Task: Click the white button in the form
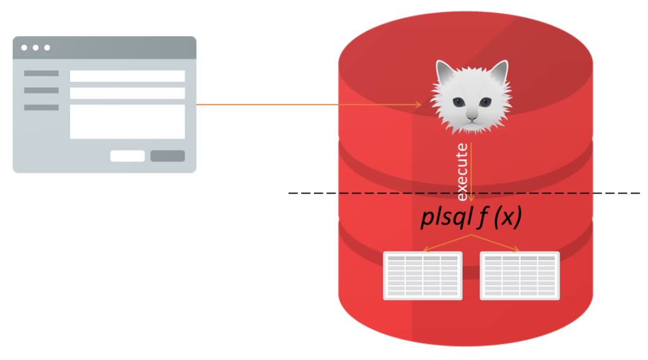tap(127, 156)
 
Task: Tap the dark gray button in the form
tap(167, 156)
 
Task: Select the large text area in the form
tap(127, 121)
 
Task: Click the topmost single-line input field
tap(127, 76)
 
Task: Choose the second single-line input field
tap(127, 93)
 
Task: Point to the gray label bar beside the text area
tap(41, 108)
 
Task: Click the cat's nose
tap(471, 113)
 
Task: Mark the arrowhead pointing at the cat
tap(418, 105)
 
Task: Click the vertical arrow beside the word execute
tap(471, 171)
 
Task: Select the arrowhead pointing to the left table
tap(426, 249)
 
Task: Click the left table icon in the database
tap(423, 275)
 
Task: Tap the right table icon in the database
tap(520, 275)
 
